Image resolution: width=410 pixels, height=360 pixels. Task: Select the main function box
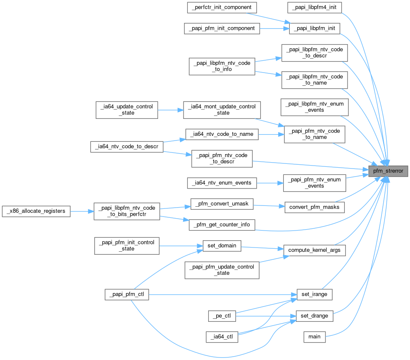coord(314,336)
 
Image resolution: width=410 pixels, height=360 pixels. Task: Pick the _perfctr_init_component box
coord(222,7)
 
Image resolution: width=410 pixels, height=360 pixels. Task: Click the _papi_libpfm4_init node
coord(314,7)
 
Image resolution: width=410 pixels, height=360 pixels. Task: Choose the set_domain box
coord(222,245)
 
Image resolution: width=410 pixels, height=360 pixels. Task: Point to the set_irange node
coord(314,294)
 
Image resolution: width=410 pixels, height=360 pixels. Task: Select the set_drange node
coord(314,316)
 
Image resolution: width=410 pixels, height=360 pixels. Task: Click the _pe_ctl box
coord(222,316)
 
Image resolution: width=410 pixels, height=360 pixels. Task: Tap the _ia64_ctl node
coord(222,337)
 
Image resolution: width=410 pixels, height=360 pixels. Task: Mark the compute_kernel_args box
coord(314,250)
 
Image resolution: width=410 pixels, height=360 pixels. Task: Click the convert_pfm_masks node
coord(314,207)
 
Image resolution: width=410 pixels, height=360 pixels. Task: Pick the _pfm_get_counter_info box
coord(222,225)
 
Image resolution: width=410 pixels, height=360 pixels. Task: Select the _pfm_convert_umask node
coord(222,204)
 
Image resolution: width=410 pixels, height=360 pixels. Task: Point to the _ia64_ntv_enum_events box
coord(222,183)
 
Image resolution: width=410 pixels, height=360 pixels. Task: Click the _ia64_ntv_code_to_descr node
coord(127,147)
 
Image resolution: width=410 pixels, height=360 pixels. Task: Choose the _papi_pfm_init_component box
coord(222,28)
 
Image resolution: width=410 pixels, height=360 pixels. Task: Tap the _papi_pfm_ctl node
coord(127,294)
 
